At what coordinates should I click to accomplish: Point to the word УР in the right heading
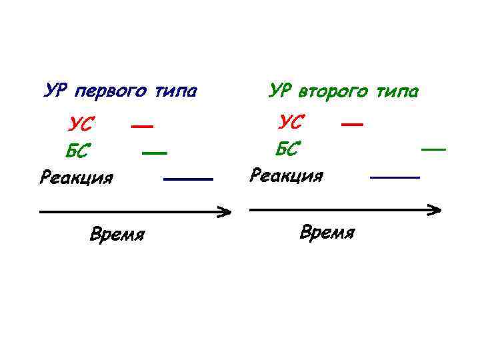279,89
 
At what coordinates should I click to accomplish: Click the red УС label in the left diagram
81,124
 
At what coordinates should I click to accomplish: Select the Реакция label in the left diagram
77,178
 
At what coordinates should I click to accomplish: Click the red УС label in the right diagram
291,122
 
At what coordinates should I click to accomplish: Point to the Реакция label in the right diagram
286,175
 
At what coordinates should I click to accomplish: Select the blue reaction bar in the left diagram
187,179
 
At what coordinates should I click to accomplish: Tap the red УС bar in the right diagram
352,123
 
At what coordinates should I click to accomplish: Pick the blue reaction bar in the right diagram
395,177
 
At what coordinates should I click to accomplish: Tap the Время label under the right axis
327,233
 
